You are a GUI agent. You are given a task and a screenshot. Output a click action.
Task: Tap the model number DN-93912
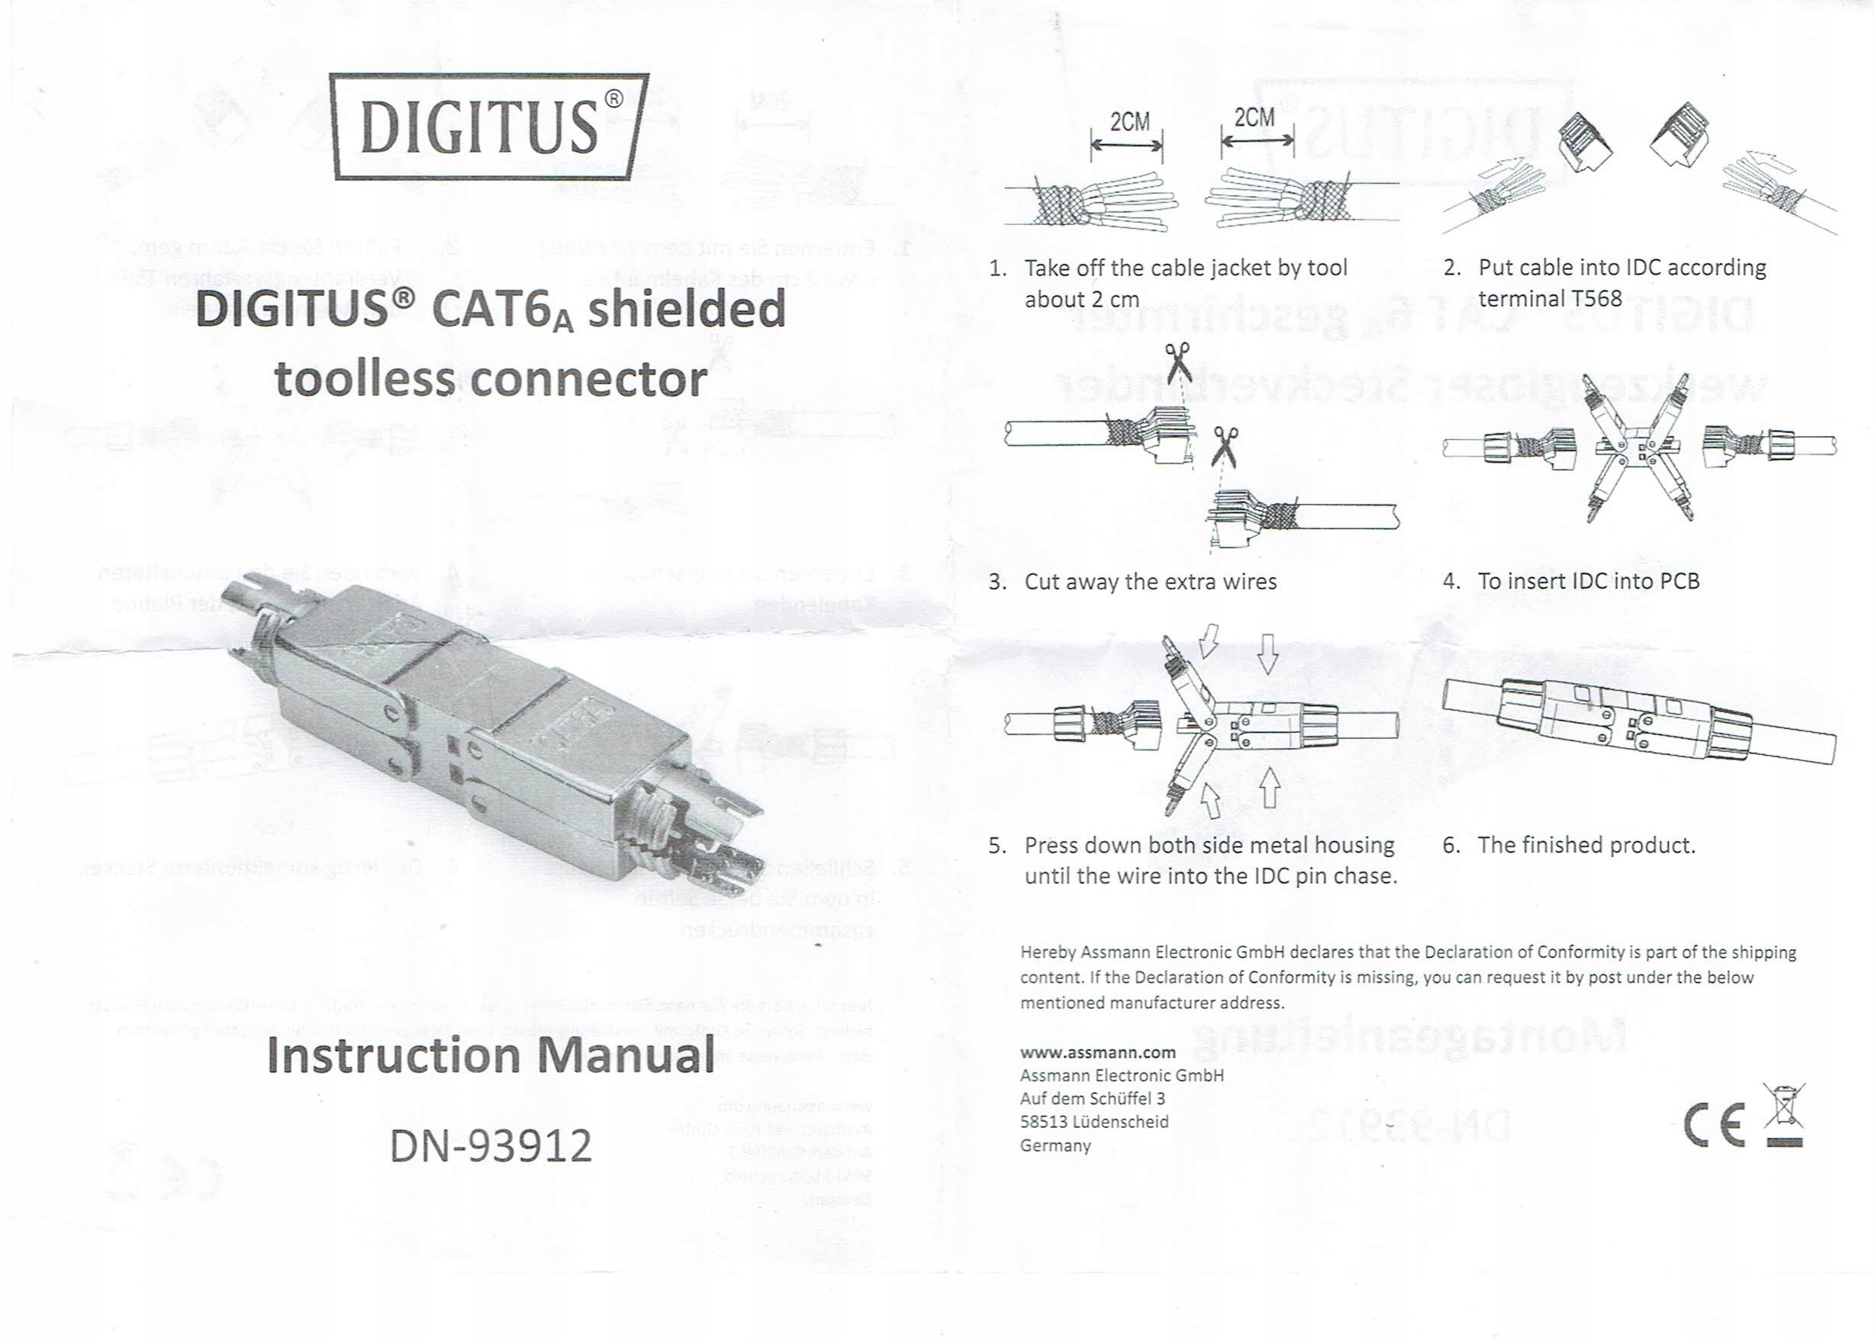[491, 1145]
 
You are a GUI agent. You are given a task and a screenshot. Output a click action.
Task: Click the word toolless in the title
[364, 380]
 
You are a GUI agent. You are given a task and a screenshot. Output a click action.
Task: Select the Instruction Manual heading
[491, 1056]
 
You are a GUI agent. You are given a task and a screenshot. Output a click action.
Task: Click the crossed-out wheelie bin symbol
[1784, 1115]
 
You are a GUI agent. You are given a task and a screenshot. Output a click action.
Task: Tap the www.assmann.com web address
[1098, 1052]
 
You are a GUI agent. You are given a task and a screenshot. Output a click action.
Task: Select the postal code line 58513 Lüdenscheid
[1093, 1122]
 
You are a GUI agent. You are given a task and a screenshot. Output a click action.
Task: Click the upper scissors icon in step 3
[1178, 362]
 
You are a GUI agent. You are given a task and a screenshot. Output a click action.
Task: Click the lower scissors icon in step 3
[1225, 446]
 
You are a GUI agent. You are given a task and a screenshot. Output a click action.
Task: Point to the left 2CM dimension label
[1129, 122]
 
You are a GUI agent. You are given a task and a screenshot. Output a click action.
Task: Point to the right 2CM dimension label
[1254, 118]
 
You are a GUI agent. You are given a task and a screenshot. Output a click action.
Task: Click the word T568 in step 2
[1592, 298]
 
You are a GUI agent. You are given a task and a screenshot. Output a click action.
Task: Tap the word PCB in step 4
[1679, 581]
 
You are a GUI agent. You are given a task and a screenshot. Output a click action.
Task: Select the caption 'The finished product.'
[1586, 845]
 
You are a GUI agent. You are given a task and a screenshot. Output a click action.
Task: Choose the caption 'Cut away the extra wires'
[1150, 582]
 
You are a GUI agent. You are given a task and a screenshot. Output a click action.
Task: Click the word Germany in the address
[1055, 1145]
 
